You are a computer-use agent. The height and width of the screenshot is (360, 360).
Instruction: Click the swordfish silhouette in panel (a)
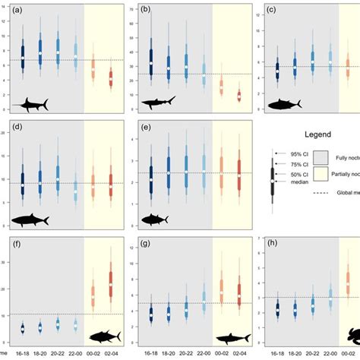click(30, 102)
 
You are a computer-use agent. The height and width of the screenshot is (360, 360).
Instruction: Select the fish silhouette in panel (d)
click(30, 220)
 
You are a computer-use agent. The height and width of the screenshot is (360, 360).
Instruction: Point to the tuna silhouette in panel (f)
click(106, 336)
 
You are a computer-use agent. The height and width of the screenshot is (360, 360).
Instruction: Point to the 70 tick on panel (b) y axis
click(134, 11)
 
